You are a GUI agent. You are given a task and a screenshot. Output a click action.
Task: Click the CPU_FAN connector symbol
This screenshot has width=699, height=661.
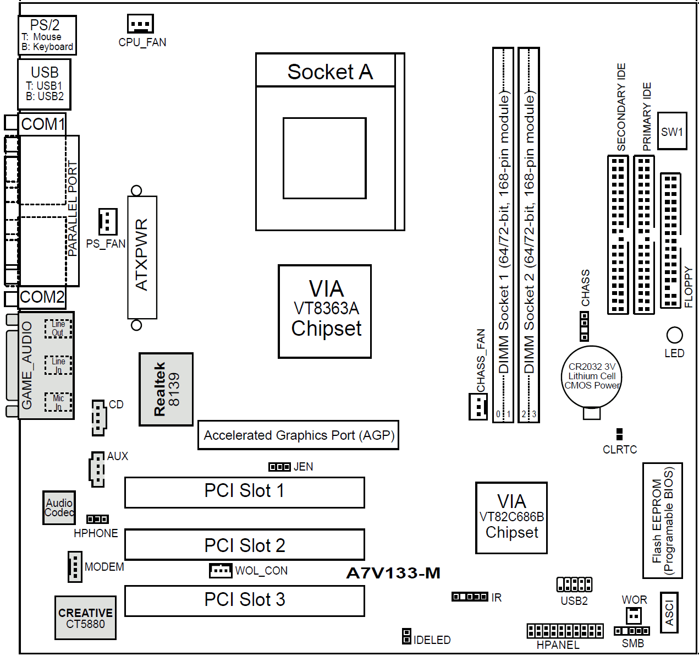coord(140,24)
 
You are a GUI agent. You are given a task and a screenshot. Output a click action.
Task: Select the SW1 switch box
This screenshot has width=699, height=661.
coord(672,131)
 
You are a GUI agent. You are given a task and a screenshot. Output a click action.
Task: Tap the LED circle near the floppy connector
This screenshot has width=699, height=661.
coord(674,335)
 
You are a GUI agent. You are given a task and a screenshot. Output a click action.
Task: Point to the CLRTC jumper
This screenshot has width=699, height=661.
coord(620,434)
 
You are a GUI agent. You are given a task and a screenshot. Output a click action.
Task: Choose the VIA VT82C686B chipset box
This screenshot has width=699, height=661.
coord(511,517)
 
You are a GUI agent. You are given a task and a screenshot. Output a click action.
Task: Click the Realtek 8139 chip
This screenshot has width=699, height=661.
coord(166,389)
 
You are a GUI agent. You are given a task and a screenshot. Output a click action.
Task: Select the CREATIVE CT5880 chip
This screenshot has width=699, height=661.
coord(85,618)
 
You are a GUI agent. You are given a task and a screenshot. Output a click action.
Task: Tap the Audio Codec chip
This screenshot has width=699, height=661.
coord(59,507)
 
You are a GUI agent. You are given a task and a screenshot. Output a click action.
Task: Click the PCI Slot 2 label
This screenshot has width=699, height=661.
coord(245,545)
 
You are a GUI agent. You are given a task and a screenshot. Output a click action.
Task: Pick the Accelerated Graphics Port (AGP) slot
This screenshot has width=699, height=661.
coord(298,435)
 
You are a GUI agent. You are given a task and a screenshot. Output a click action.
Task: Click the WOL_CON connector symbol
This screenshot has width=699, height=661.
coord(221,570)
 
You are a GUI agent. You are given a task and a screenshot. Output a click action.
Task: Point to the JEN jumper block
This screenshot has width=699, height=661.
coord(279,467)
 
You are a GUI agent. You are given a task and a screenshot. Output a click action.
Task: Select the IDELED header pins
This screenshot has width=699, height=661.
coord(406,636)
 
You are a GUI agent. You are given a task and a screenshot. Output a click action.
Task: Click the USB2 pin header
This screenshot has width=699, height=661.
coord(574,584)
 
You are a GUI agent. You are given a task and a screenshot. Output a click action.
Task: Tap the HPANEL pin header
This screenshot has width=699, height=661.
coord(565,630)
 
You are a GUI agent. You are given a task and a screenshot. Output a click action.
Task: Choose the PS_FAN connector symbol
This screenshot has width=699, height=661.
coord(107,221)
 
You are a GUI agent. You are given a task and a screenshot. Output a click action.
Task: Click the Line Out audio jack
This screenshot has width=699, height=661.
coord(58,329)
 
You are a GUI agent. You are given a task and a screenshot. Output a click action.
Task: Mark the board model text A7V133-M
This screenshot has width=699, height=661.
coord(393,573)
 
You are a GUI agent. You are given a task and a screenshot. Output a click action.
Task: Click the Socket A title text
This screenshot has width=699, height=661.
coord(330,72)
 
